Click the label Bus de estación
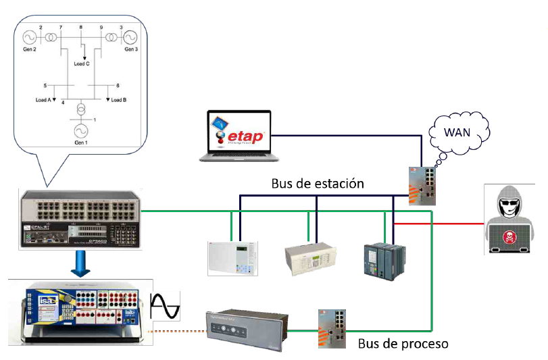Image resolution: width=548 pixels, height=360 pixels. (318, 183)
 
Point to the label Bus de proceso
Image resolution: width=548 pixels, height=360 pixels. (403, 343)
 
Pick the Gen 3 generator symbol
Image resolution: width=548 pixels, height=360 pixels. (130, 36)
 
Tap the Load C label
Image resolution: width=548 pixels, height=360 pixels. (82, 63)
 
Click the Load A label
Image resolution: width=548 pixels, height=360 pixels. (44, 99)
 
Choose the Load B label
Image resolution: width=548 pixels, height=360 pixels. (118, 99)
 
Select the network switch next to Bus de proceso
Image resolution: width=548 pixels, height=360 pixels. (332, 328)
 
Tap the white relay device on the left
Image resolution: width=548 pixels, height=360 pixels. (232, 257)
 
